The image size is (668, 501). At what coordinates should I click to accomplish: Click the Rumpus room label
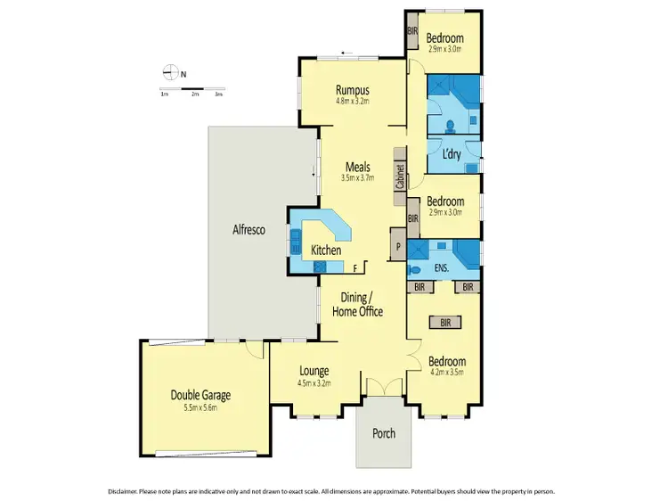pos(353,89)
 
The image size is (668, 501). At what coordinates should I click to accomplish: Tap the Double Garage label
pos(200,395)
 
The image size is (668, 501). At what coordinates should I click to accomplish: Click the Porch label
pos(383,433)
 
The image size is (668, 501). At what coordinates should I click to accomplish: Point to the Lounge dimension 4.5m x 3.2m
pos(314,384)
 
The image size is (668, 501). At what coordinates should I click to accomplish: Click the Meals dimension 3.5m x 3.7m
pos(358,177)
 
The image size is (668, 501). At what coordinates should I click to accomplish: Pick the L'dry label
pos(451,152)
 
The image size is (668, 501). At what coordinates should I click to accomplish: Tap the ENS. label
pos(440,266)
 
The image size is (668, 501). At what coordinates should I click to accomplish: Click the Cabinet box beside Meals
pos(401,177)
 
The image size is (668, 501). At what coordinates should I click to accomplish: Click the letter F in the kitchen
pos(355,267)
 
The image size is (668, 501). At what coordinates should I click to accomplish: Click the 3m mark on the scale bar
pos(218,94)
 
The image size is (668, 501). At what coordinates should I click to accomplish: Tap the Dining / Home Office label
pos(357,304)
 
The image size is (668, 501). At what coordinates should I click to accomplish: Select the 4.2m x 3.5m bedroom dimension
pos(445,374)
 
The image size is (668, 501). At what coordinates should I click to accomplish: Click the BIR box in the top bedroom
pos(411,31)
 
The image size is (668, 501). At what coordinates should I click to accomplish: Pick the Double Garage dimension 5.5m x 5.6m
pos(200,407)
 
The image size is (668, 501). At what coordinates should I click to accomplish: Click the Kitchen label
pos(325,250)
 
